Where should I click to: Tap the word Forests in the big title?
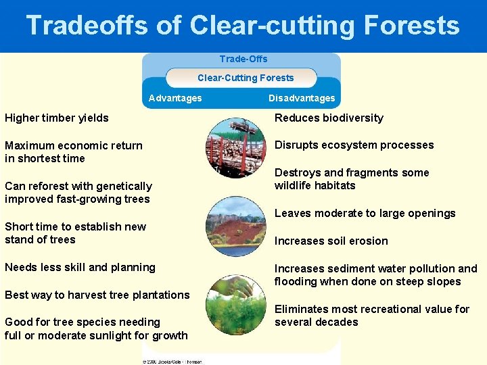pyautogui.click(x=411, y=26)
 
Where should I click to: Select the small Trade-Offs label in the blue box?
pyautogui.click(x=243, y=59)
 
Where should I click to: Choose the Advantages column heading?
pyautogui.click(x=175, y=98)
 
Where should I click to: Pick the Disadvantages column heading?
pyautogui.click(x=302, y=98)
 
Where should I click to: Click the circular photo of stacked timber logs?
pyautogui.click(x=236, y=148)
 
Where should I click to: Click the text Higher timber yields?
pyautogui.click(x=57, y=118)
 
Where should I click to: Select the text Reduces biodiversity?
pyautogui.click(x=329, y=118)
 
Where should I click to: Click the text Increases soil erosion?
pyautogui.click(x=331, y=241)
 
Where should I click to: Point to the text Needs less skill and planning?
pyautogui.click(x=80, y=267)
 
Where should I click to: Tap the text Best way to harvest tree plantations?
pyautogui.click(x=97, y=295)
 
